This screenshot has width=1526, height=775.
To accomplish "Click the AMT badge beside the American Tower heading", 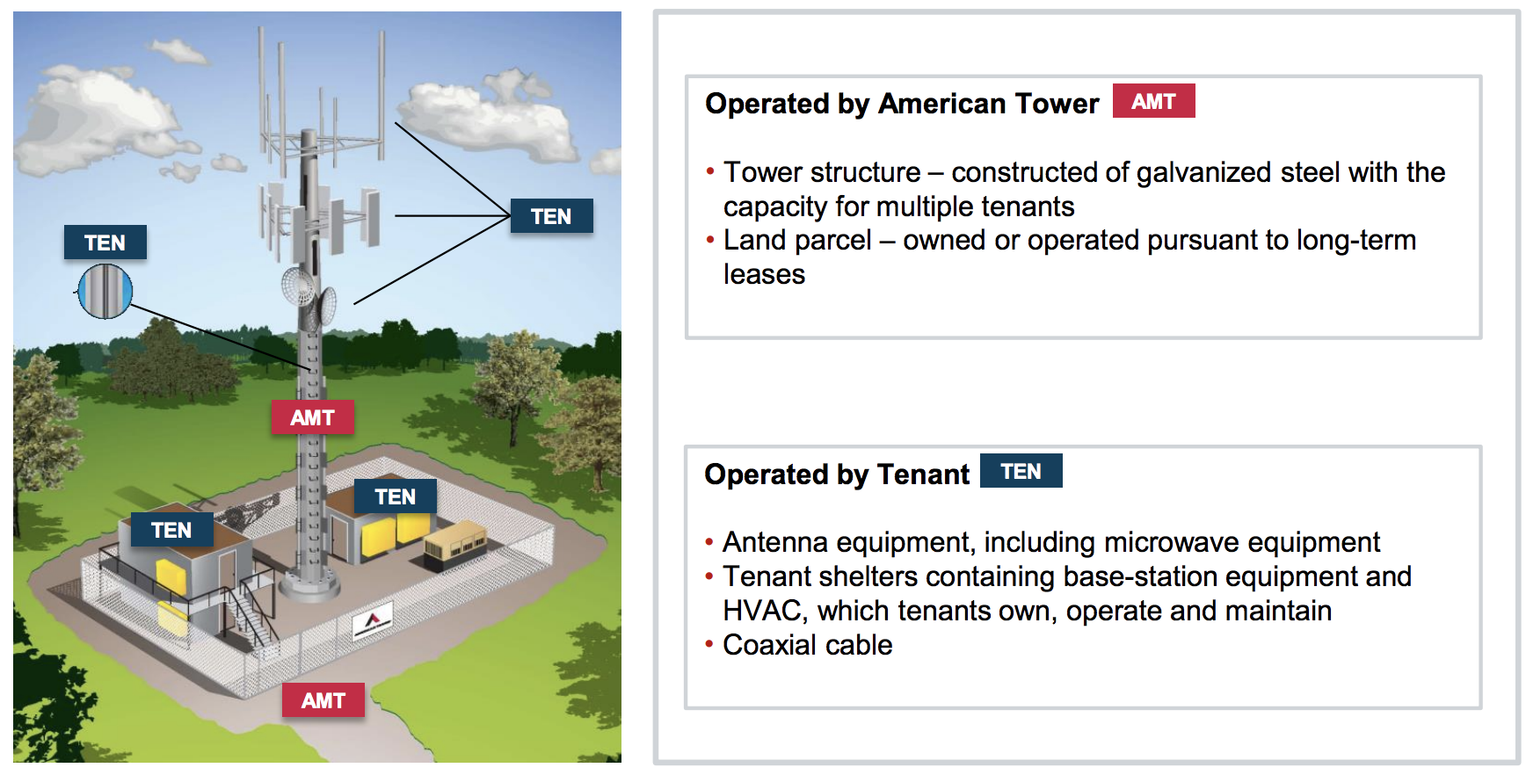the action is click(1153, 101).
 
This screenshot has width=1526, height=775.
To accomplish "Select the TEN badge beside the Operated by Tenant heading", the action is click(1021, 471).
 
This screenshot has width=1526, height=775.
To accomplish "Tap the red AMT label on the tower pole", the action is click(312, 417).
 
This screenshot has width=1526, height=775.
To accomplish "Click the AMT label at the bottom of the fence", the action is click(323, 700).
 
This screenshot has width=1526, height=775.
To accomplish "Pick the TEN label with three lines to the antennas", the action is click(551, 216).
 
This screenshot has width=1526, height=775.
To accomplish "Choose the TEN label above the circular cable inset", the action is click(105, 243).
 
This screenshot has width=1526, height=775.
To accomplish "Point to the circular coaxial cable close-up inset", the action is click(105, 291).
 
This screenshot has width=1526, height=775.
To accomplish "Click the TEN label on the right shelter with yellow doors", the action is click(396, 496).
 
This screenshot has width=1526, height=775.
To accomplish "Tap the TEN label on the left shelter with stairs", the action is click(171, 530).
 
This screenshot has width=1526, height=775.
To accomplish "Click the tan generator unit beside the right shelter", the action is click(455, 543).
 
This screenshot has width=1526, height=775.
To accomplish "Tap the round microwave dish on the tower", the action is click(298, 286).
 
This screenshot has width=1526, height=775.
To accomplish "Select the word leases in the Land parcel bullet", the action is click(764, 274).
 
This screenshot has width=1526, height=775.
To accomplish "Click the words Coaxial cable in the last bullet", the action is click(807, 645).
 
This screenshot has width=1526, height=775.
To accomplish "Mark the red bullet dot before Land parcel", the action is click(710, 239).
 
